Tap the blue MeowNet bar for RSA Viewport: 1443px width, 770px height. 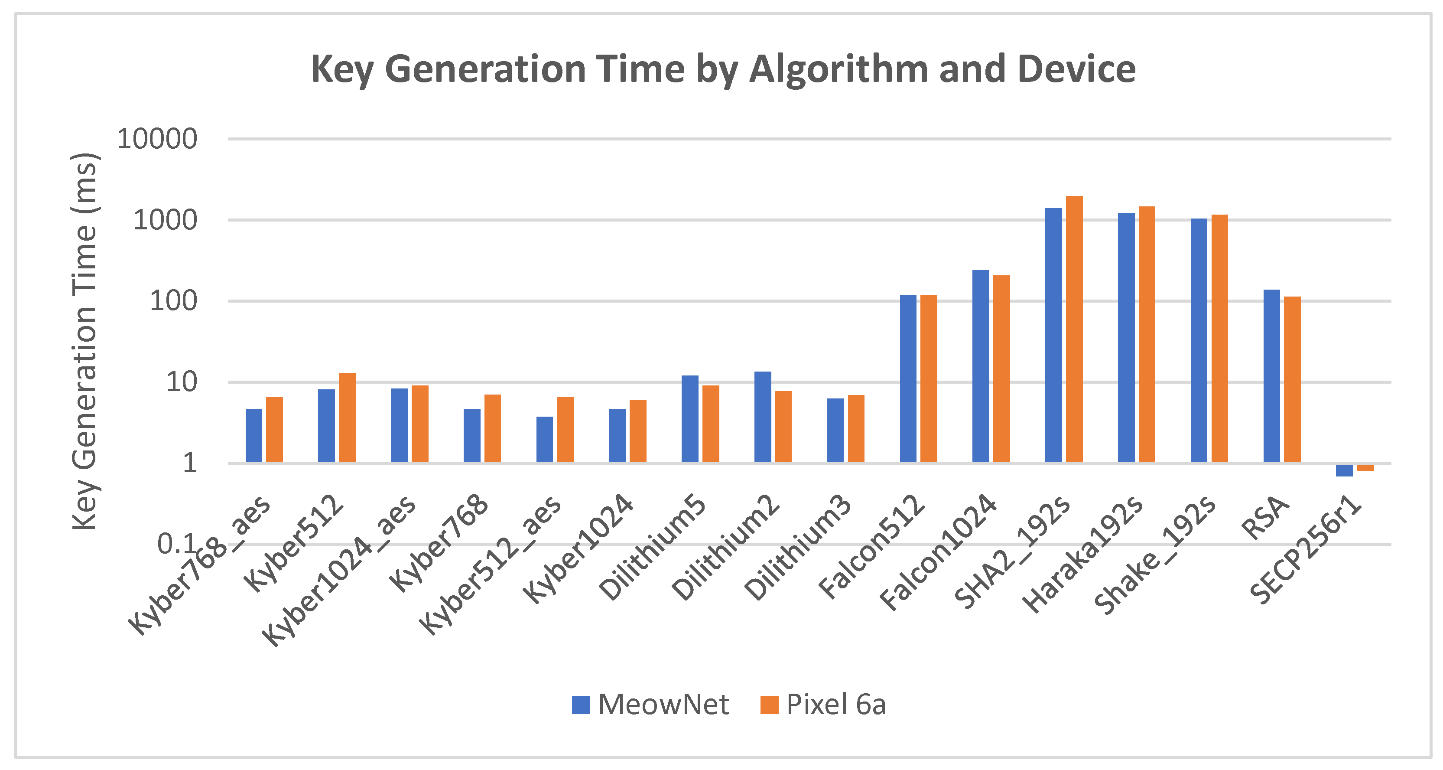tap(1271, 375)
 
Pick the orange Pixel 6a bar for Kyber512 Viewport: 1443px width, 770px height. tap(347, 418)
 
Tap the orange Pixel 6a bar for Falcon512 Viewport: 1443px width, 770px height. tap(928, 378)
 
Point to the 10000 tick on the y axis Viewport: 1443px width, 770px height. tap(157, 139)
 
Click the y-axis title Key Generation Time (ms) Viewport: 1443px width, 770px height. tap(85, 342)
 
